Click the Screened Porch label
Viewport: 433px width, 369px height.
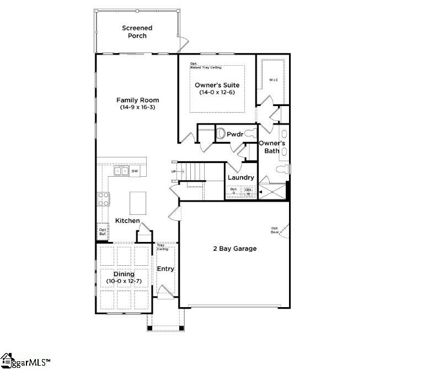pos(137,32)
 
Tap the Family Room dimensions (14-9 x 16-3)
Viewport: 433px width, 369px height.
pos(137,108)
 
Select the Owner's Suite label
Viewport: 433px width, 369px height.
pos(217,85)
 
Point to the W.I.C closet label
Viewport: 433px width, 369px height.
pos(274,81)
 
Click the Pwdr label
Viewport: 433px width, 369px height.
pos(235,134)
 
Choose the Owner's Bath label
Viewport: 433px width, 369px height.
pos(272,147)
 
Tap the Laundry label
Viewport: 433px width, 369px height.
pos(241,177)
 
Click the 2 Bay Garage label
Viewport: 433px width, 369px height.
pos(235,249)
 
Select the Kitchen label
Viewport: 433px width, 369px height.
pos(127,221)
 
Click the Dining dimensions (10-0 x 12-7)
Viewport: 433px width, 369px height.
pos(124,282)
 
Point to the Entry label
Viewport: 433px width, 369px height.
pos(165,269)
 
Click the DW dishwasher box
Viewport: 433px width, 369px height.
pos(134,171)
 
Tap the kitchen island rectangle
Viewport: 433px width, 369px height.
pos(138,203)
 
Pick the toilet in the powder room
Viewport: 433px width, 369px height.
pos(221,134)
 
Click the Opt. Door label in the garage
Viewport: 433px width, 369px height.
pos(274,230)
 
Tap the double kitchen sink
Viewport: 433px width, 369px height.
pos(121,171)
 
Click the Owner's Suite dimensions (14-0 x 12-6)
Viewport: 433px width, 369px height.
pos(217,92)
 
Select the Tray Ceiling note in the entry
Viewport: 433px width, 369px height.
pos(162,247)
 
